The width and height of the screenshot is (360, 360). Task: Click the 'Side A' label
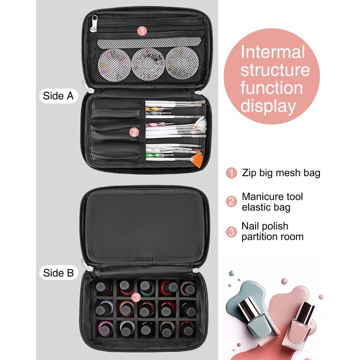click(x=58, y=96)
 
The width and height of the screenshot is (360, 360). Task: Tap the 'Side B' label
click(x=58, y=273)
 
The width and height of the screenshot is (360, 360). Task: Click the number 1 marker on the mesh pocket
click(x=142, y=31)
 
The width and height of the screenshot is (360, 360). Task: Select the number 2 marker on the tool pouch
click(x=134, y=132)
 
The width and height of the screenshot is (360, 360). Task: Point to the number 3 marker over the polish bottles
click(x=136, y=297)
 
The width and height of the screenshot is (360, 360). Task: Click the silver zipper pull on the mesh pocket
click(x=94, y=24)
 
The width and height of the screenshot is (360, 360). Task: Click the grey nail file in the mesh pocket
click(x=149, y=43)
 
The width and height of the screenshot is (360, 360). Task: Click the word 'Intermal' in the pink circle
click(x=273, y=52)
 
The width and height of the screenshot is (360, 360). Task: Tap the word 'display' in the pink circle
click(x=268, y=106)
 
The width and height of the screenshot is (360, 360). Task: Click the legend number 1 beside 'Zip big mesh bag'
click(x=231, y=173)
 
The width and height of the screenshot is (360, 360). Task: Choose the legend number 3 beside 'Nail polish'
click(x=231, y=232)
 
